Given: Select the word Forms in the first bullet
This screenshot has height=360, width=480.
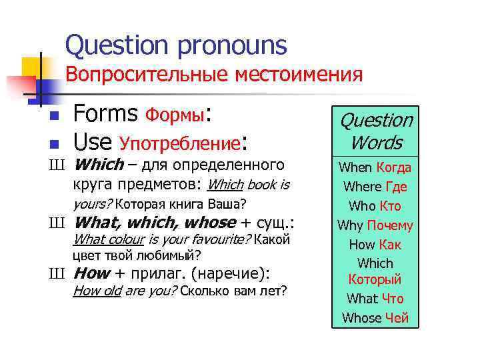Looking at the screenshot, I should tap(106, 115).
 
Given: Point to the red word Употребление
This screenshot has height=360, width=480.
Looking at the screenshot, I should tap(180, 143).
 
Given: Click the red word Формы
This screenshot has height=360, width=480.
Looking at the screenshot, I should tap(176, 116).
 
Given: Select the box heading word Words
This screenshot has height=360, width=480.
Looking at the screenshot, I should tap(375, 143).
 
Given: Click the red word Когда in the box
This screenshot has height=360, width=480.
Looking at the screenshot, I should tap(393, 167).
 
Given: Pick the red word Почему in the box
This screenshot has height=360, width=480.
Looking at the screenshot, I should tap(391, 225).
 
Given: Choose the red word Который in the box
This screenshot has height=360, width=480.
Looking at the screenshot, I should tap(375, 279).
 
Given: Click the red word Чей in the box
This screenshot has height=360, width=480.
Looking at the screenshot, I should tap(397, 318).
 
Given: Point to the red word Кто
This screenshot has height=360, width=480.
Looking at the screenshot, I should tap(389, 206).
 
